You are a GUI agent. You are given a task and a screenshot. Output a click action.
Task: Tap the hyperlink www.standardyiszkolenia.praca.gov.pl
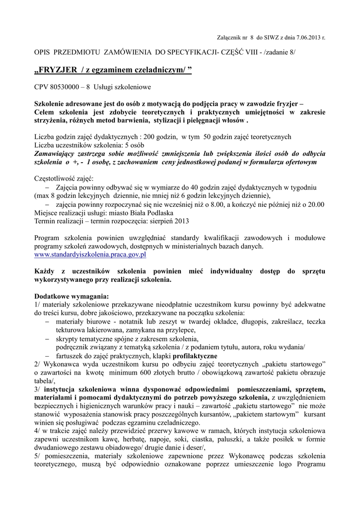(x=90, y=254)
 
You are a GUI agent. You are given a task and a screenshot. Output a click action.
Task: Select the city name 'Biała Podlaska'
(x=134, y=212)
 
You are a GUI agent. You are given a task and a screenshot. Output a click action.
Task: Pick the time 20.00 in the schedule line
(x=315, y=204)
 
